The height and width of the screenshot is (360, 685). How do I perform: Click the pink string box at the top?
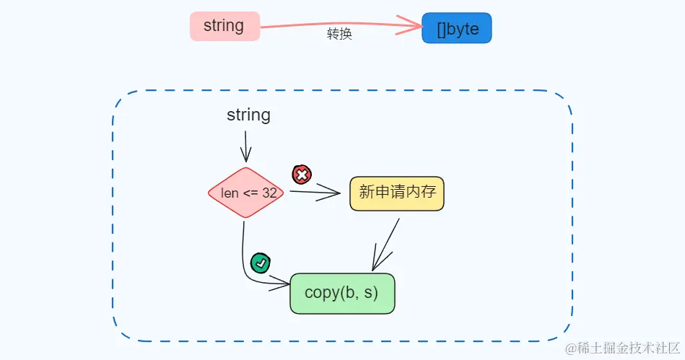pos(224,27)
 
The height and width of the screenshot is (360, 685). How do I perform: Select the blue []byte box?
pos(457,28)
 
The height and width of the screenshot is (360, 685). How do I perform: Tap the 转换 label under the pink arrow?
pos(339,34)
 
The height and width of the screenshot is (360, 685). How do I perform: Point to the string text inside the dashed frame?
pos(248,115)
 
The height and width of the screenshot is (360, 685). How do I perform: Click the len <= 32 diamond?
pos(245,193)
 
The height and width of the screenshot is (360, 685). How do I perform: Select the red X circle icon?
pos(301,175)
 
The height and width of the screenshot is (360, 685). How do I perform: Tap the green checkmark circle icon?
pos(260,263)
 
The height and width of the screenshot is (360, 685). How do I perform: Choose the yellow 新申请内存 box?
pos(396,193)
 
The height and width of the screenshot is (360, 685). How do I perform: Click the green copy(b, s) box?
pos(342,293)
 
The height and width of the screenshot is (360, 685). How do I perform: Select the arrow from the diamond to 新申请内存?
pos(314,192)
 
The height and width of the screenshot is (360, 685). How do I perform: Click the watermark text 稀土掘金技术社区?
pos(624,348)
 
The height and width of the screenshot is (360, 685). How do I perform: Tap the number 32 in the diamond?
pos(269,193)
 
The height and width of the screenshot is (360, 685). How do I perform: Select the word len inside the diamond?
pos(229,193)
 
